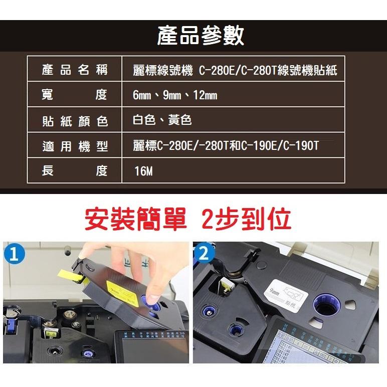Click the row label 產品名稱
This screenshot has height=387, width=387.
75,70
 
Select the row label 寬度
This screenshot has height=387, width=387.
75,95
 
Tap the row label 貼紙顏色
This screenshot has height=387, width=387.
75,121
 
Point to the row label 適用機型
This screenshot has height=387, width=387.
75,146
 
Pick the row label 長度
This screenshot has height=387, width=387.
75,171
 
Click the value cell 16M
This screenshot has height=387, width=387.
144,172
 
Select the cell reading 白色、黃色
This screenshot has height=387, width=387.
162,120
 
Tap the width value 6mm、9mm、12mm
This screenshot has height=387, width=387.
175,95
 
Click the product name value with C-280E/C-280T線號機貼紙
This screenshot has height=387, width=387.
235,71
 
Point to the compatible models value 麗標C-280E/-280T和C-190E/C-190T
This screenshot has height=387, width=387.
226,146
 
